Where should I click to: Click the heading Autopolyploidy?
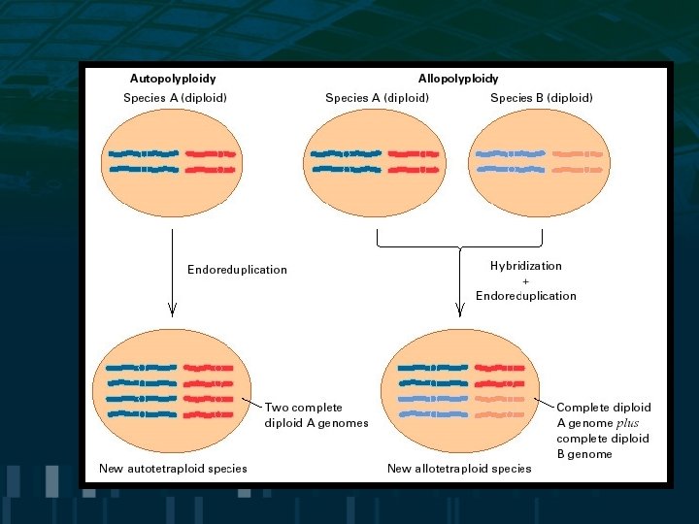(x=173, y=79)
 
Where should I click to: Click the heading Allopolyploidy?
(x=458, y=79)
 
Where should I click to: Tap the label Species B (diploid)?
(x=541, y=98)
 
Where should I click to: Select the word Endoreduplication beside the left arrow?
(x=237, y=270)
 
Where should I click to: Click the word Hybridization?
(x=525, y=265)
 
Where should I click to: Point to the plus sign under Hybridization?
(x=525, y=280)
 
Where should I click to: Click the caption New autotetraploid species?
(x=173, y=469)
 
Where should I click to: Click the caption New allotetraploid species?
(x=459, y=469)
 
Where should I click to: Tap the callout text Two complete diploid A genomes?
(x=316, y=415)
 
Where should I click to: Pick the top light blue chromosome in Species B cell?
(x=509, y=154)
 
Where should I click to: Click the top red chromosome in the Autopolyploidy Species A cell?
(x=211, y=154)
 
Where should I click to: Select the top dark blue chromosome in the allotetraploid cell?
(x=432, y=368)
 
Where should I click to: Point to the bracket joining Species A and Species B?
(x=458, y=245)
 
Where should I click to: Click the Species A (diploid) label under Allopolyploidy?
(x=377, y=98)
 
